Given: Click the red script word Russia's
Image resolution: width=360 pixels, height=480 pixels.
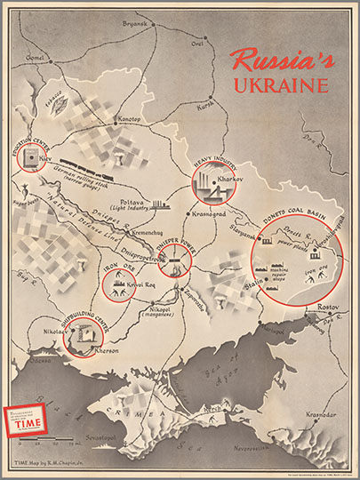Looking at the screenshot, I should tap(277, 60).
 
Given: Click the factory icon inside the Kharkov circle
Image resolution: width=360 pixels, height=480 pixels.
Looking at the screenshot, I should tap(209, 187).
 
